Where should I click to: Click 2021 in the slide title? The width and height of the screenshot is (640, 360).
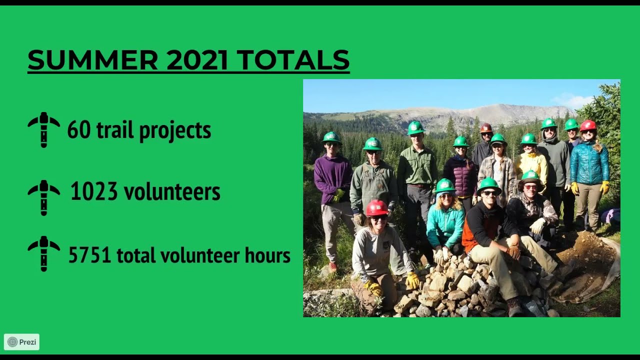(197, 60)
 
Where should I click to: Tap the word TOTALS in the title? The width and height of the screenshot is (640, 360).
(292, 60)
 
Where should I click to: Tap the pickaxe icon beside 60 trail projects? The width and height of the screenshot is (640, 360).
(44, 130)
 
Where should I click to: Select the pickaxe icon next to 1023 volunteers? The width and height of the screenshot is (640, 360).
(44, 197)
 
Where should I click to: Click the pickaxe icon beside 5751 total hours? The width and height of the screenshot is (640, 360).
(44, 253)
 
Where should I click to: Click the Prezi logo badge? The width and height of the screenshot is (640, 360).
(21, 342)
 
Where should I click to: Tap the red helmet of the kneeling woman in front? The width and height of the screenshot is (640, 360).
(376, 207)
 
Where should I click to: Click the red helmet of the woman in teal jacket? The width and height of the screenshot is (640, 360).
(588, 125)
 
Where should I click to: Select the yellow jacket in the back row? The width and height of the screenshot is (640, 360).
(533, 165)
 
